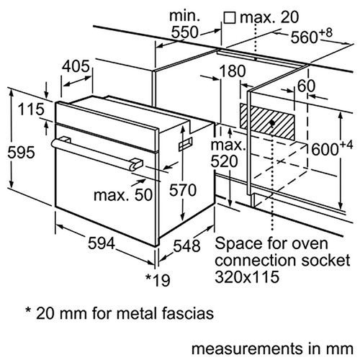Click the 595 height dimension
18,152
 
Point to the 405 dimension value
76,66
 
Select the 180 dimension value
230,72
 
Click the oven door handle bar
94,150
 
